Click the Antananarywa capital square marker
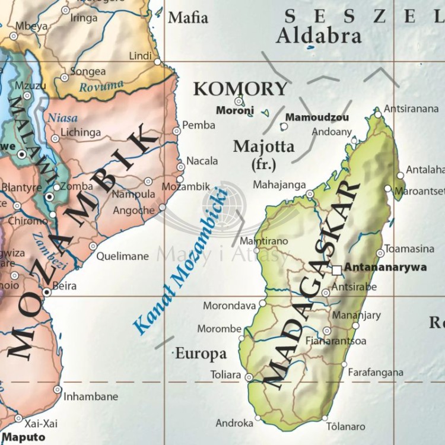337,270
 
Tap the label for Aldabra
319,36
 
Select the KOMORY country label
240,89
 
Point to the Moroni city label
235,110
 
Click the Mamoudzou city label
317,117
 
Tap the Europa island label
201,354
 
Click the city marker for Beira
47,292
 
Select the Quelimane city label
122,256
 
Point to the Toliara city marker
249,377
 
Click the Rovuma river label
102,87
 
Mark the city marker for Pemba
176,131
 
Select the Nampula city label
133,194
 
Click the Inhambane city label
91,396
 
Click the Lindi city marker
157,62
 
